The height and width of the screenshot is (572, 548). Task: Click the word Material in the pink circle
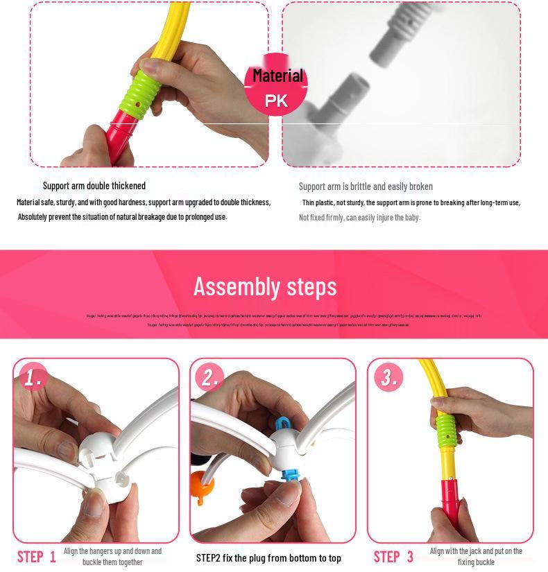click(277, 76)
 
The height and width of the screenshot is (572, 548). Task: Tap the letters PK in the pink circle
click(277, 101)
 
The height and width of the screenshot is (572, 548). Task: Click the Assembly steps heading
click(265, 286)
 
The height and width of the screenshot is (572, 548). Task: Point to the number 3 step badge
click(388, 378)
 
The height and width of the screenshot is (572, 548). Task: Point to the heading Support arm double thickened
click(94, 186)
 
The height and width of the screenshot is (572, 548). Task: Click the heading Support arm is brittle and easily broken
click(366, 187)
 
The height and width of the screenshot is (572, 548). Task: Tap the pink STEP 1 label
click(36, 556)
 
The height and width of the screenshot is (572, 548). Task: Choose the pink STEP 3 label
click(393, 556)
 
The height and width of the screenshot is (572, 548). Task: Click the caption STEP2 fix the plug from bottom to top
click(268, 558)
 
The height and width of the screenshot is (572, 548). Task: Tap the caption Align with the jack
click(476, 552)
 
